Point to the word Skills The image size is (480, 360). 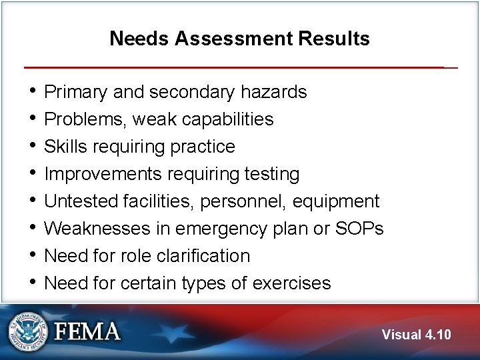pos(64,147)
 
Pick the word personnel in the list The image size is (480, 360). pos(247,201)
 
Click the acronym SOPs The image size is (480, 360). pos(360,229)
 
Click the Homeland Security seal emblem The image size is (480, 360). pos(29,331)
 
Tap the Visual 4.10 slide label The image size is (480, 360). pos(416,335)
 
